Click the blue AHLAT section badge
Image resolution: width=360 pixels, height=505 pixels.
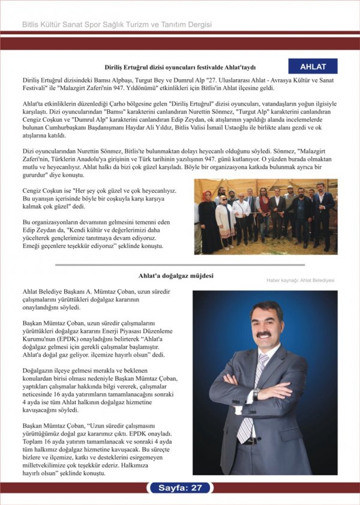coord(313,66)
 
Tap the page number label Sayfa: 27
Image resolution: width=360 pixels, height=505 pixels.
coord(180,488)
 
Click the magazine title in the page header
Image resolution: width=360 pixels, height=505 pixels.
coord(117,25)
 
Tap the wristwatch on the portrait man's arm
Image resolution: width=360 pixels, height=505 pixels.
coord(256,395)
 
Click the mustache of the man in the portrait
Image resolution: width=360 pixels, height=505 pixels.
coord(265,334)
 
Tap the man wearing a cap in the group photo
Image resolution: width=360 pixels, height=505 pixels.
coord(289,201)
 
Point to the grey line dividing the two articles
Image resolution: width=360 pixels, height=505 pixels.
coord(179,264)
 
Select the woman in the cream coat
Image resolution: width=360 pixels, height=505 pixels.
coord(225,216)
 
